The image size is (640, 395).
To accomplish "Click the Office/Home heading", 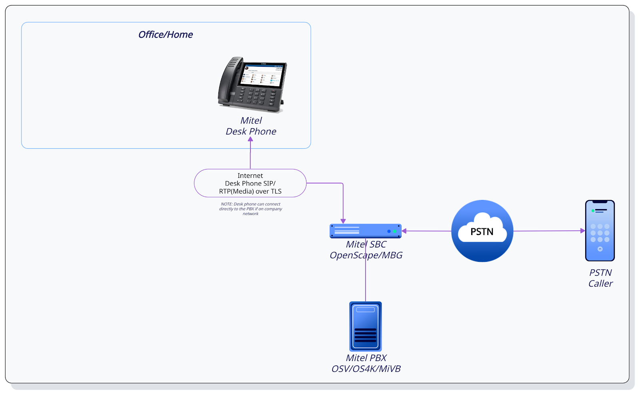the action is point(166,34).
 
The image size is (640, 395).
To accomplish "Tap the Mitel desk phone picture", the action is point(252,85).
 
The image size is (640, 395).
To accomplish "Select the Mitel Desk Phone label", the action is point(251,126).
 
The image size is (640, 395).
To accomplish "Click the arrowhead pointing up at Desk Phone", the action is point(250,139).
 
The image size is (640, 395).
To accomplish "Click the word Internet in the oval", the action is point(250,176).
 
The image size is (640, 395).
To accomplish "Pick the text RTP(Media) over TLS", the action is point(250,191).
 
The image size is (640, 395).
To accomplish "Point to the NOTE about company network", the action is point(250,209).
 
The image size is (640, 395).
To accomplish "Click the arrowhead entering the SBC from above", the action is point(343,221).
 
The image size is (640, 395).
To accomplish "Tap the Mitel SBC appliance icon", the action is point(366,231).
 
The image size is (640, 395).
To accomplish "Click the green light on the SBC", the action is point(394,231).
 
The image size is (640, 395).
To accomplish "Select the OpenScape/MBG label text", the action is point(366,255).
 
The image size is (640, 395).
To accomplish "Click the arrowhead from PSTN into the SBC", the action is point(404,231).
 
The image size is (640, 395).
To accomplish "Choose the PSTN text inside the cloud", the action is point(482,231).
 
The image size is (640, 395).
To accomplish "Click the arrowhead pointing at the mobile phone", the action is point(582,231).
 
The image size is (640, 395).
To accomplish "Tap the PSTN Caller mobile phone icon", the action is point(600,231).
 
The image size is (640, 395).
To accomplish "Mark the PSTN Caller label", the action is point(600,278).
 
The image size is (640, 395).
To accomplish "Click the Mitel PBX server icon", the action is point(366,326).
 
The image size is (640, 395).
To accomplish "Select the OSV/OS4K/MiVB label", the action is point(366,369).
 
